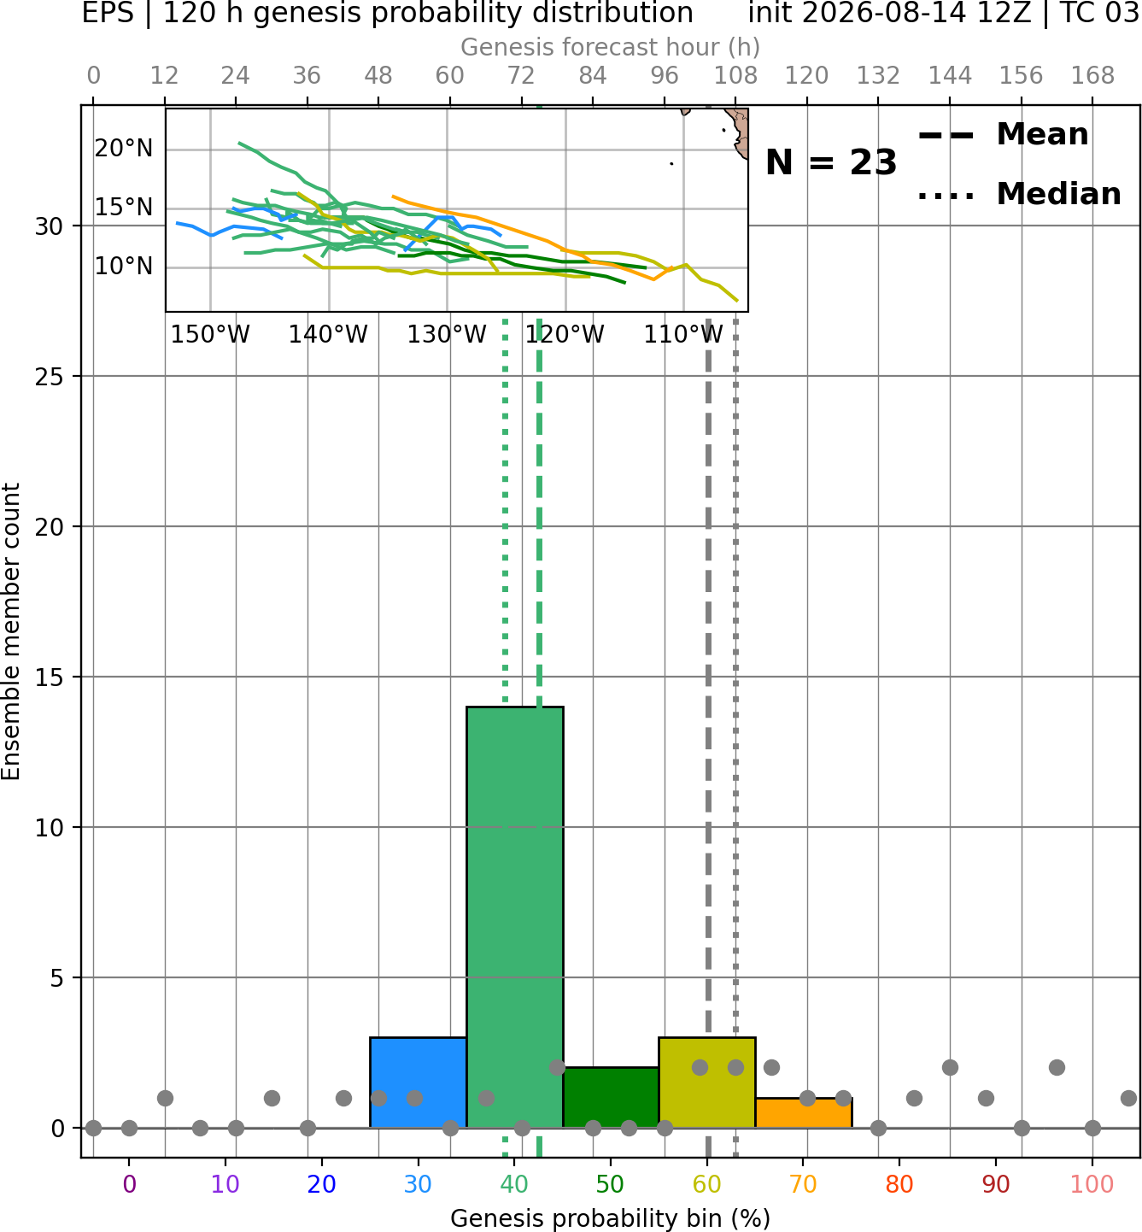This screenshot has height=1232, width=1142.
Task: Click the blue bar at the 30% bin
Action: (418, 1082)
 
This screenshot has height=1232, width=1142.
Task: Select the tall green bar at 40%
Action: (515, 917)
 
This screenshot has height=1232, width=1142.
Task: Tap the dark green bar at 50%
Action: (611, 1097)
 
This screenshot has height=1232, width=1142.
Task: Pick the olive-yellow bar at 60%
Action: (707, 1082)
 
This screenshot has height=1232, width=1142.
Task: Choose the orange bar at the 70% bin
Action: (804, 1113)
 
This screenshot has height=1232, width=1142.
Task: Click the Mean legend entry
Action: (1003, 135)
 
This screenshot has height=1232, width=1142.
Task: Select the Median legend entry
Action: (1019, 194)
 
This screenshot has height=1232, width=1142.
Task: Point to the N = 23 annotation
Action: (831, 162)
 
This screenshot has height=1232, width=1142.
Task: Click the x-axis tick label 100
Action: (1092, 1184)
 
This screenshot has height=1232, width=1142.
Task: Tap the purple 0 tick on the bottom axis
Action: (129, 1184)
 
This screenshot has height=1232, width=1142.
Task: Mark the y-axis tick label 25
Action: (50, 377)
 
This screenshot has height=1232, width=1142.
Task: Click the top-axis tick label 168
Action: (1092, 76)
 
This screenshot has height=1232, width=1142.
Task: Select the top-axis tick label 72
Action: (521, 76)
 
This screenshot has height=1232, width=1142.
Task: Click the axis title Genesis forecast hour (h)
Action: (611, 47)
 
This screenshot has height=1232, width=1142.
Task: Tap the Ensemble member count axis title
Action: (11, 631)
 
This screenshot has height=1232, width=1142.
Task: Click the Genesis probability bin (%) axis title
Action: (611, 1217)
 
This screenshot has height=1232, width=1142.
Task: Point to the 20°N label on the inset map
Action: (124, 149)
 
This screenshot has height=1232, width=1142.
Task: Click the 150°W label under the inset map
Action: (210, 334)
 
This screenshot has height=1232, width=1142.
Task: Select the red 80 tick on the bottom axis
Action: (899, 1184)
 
